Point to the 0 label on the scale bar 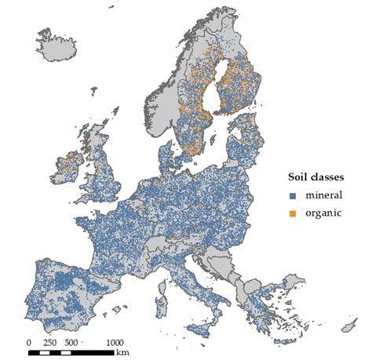click(29, 341)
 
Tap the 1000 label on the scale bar click(114, 341)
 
